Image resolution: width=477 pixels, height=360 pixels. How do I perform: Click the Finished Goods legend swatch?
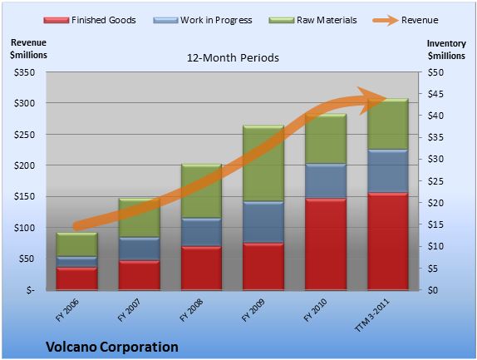click(x=57, y=21)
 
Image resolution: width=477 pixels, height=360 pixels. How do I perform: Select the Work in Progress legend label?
click(x=216, y=20)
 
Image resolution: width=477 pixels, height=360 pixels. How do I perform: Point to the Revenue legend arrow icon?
click(x=386, y=21)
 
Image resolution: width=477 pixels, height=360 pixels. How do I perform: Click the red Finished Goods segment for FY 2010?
click(x=326, y=244)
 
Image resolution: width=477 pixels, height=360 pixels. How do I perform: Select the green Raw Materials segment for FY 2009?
click(x=263, y=163)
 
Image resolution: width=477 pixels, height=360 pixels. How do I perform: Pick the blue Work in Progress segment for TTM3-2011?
click(x=388, y=171)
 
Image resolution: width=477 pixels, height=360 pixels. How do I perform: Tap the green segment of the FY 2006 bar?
click(x=77, y=244)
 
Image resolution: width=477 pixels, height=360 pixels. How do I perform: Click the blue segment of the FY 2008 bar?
click(x=201, y=232)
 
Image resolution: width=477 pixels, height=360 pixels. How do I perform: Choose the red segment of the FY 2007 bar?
click(x=140, y=275)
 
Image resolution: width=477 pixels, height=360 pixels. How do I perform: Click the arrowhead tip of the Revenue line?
click(x=387, y=99)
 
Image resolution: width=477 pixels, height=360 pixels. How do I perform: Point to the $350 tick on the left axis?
click(x=24, y=72)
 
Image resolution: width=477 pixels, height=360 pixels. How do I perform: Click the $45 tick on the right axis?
click(x=435, y=94)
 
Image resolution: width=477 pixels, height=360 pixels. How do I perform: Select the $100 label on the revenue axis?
click(x=24, y=228)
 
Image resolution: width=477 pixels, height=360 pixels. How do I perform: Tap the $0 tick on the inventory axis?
click(x=433, y=290)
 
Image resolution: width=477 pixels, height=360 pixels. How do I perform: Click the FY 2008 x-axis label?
click(x=191, y=310)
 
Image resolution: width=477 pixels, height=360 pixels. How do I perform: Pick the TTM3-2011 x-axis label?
click(x=372, y=315)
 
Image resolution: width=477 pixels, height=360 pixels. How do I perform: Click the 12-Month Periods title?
click(x=233, y=58)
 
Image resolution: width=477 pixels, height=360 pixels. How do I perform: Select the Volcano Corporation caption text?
click(x=112, y=347)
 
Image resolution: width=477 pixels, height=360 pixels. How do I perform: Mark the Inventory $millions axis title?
click(x=446, y=50)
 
